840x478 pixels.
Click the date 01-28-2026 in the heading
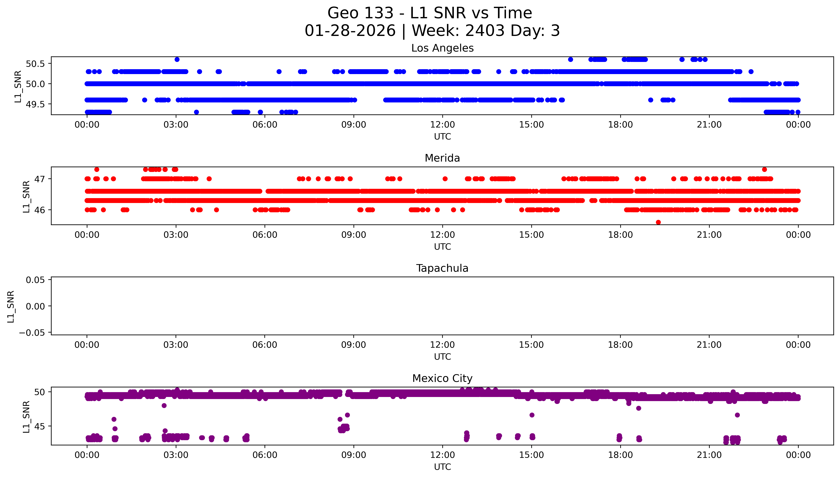pyautogui.click(x=350, y=31)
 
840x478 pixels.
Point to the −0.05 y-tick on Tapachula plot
pyautogui.click(x=32, y=333)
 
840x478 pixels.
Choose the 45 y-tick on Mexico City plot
pyautogui.click(x=40, y=426)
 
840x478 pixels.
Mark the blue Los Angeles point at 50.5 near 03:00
pyautogui.click(x=177, y=59)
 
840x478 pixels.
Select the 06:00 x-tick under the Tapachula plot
pyautogui.click(x=265, y=345)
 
